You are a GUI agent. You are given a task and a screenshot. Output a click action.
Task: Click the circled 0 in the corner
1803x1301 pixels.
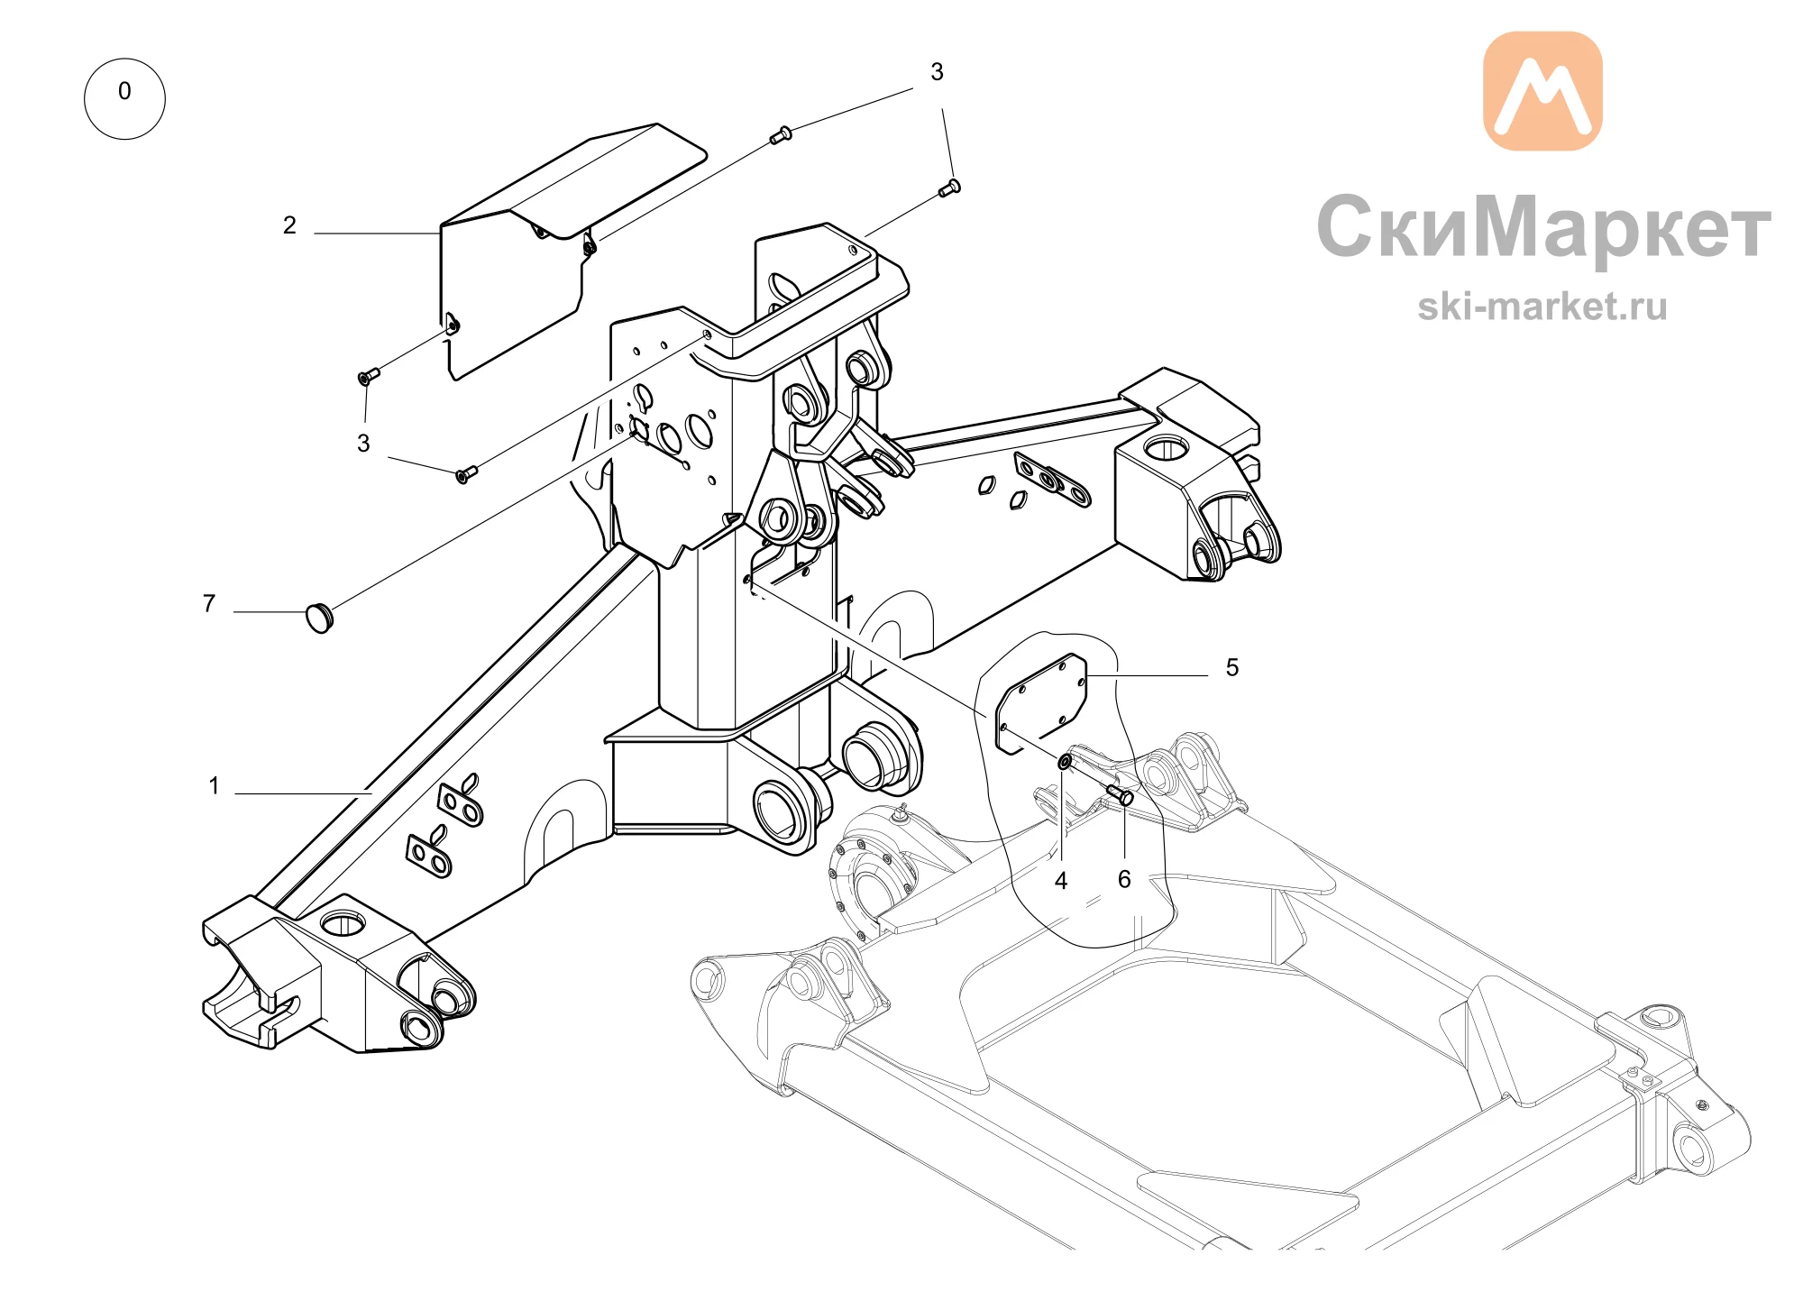124,98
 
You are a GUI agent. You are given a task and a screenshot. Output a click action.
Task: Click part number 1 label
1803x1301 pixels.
214,785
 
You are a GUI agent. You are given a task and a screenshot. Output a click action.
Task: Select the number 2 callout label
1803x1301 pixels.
289,224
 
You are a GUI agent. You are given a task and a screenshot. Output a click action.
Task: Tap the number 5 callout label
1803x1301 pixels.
1232,667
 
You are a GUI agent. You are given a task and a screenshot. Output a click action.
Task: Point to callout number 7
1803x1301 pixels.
209,603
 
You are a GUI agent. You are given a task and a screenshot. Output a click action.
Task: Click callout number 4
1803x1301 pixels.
1061,881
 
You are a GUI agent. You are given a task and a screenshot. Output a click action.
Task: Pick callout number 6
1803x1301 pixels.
1124,879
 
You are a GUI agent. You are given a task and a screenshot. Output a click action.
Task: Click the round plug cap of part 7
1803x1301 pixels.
320,618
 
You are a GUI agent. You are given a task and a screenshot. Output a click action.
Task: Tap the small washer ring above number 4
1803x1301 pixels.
1065,764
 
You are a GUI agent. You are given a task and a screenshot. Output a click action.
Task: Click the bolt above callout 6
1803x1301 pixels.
1121,795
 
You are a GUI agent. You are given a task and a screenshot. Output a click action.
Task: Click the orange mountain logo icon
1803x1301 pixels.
1542,90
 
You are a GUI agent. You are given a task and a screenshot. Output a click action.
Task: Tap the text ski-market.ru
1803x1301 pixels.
1542,307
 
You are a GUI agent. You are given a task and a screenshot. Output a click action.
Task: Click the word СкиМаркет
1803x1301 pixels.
1543,227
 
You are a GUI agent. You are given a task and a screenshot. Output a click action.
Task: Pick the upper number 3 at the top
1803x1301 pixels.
937,72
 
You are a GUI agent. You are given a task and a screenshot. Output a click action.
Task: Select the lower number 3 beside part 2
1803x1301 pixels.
363,444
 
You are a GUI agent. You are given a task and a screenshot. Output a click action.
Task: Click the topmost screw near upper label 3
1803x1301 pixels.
781,136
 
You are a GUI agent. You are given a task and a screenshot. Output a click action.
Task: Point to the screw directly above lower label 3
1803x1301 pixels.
369,376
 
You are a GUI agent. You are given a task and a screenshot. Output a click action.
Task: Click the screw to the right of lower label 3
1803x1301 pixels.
466,474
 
